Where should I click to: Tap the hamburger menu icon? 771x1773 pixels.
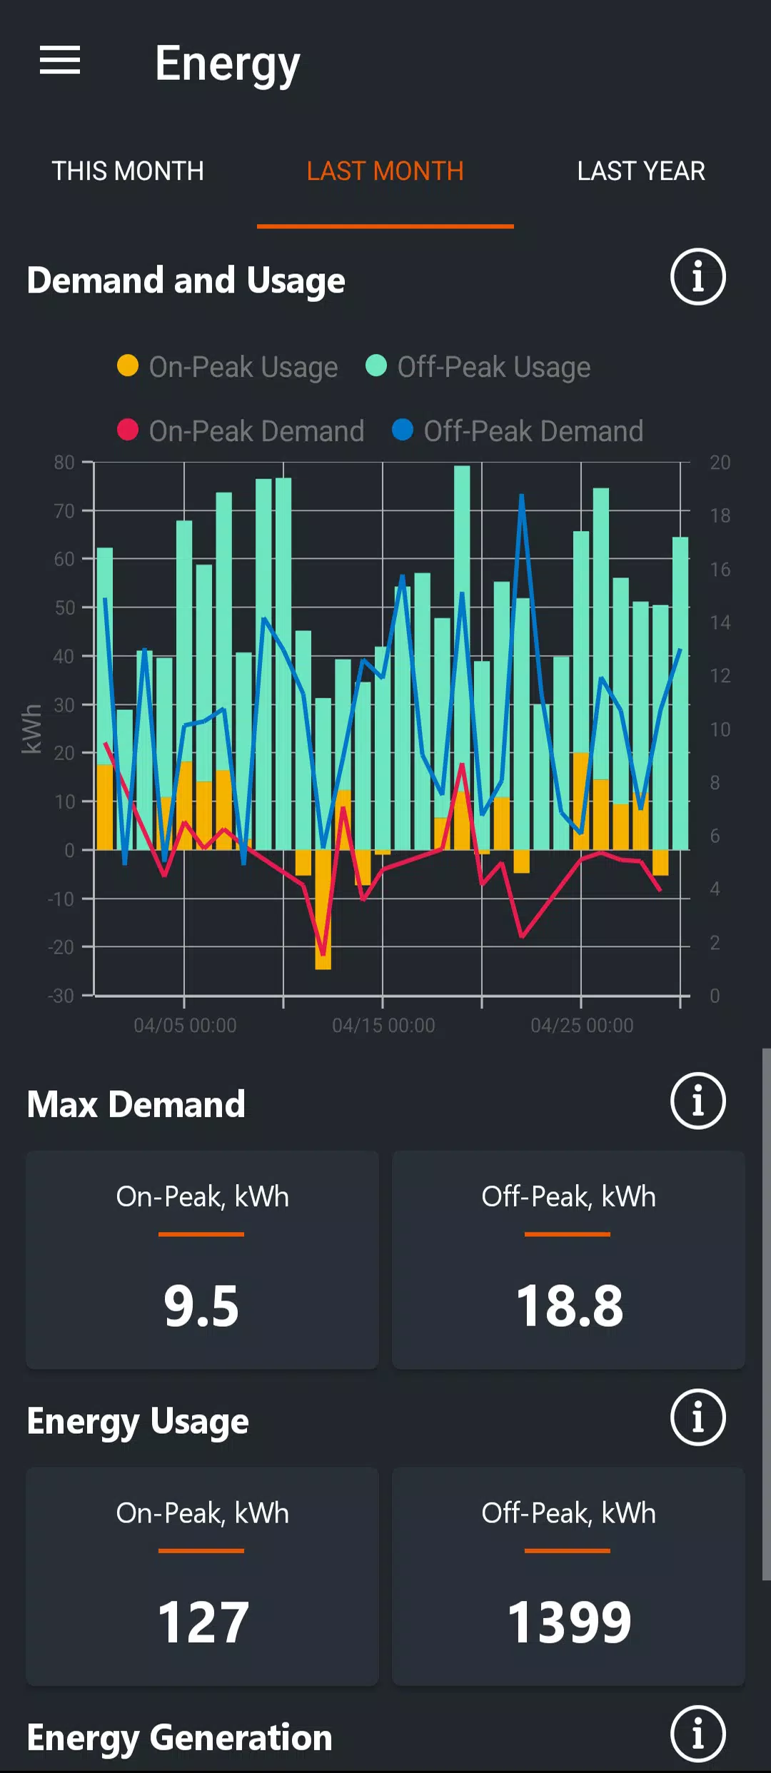pyautogui.click(x=60, y=60)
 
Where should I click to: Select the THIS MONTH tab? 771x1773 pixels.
pyautogui.click(x=128, y=171)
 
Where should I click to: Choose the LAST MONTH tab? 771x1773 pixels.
pyautogui.click(x=385, y=171)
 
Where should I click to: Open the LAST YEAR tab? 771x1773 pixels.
pyautogui.click(x=641, y=171)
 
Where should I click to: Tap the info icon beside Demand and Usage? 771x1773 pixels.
pyautogui.click(x=697, y=277)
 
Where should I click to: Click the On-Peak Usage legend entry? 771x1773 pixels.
pyautogui.click(x=228, y=367)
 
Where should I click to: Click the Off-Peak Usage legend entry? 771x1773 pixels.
pyautogui.click(x=478, y=367)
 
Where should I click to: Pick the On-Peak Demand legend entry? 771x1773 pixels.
pyautogui.click(x=241, y=431)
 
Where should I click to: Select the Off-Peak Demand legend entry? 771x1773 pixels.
pyautogui.click(x=518, y=431)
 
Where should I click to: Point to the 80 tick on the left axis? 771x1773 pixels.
pyautogui.click(x=64, y=463)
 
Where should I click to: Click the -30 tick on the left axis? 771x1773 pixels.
pyautogui.click(x=61, y=996)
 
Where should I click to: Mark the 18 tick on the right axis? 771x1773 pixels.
pyautogui.click(x=720, y=515)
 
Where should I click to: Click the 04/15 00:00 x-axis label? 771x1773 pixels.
pyautogui.click(x=383, y=1026)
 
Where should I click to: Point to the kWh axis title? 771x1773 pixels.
pyautogui.click(x=31, y=729)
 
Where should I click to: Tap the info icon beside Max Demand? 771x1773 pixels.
pyautogui.click(x=697, y=1101)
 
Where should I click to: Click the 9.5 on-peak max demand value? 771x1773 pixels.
pyautogui.click(x=201, y=1306)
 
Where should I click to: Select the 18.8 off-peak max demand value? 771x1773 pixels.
pyautogui.click(x=569, y=1306)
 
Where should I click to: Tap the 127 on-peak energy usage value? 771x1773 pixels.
pyautogui.click(x=203, y=1622)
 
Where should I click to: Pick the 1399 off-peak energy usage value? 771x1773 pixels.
pyautogui.click(x=569, y=1622)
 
